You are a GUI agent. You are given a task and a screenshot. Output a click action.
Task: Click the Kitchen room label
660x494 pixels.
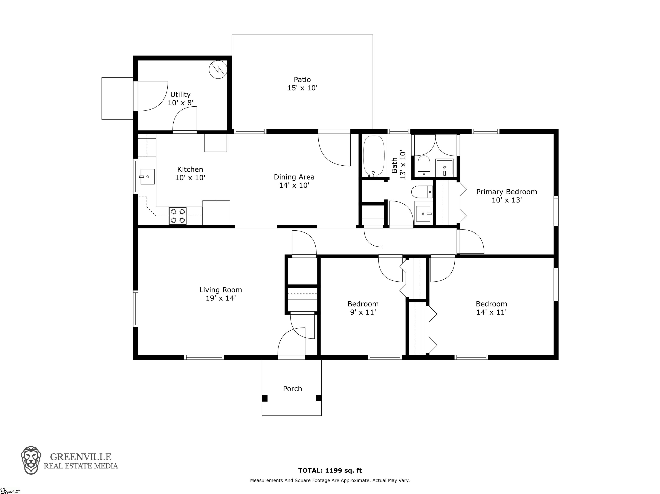click(190, 169)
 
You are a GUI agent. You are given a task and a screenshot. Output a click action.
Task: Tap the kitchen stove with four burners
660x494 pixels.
click(178, 216)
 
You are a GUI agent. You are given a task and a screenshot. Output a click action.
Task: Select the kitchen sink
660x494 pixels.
click(147, 177)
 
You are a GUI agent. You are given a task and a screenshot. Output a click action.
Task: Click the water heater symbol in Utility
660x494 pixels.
click(218, 70)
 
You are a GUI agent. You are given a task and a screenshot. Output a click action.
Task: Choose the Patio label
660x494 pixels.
click(302, 80)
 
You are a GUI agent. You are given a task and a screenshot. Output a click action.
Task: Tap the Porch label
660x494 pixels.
click(292, 389)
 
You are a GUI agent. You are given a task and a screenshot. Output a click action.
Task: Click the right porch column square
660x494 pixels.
click(319, 398)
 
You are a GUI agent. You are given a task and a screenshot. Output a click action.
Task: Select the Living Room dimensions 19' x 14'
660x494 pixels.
click(221, 298)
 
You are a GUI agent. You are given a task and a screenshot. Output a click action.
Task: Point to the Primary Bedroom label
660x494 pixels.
click(507, 192)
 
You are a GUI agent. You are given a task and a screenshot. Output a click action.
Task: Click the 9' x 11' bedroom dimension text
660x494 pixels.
click(363, 312)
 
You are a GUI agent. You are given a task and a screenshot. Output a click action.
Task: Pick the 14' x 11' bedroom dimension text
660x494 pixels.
click(491, 312)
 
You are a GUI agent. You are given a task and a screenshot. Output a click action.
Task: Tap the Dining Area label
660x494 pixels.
click(294, 177)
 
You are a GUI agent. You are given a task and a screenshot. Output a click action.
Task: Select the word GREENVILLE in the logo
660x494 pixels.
click(81, 457)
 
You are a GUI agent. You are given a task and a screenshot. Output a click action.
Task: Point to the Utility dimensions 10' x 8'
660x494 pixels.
click(180, 103)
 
